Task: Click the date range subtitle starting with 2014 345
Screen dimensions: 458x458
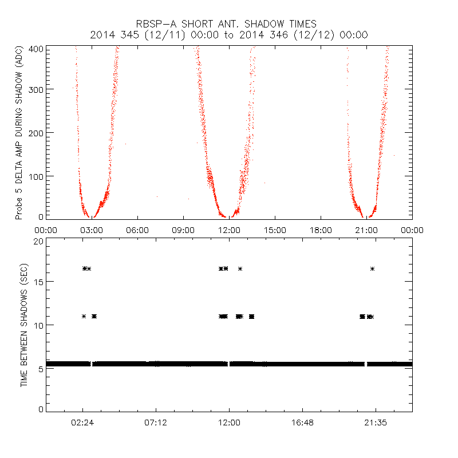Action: (x=229, y=35)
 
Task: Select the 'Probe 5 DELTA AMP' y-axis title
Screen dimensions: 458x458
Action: (x=19, y=133)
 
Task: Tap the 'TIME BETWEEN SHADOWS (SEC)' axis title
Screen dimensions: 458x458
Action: (x=24, y=326)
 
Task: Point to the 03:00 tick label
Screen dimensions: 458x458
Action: (x=92, y=230)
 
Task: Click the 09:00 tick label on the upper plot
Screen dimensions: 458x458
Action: (x=183, y=230)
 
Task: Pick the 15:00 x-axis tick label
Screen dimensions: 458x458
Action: (x=275, y=230)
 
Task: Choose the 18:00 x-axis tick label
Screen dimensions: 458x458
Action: (x=321, y=230)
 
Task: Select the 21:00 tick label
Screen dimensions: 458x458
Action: (x=366, y=230)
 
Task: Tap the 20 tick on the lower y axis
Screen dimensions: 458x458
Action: (x=38, y=241)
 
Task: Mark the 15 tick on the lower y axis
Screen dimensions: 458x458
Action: (x=38, y=282)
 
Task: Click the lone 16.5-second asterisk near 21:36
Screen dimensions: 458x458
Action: (x=373, y=269)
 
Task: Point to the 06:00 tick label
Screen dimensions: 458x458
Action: (x=137, y=230)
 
